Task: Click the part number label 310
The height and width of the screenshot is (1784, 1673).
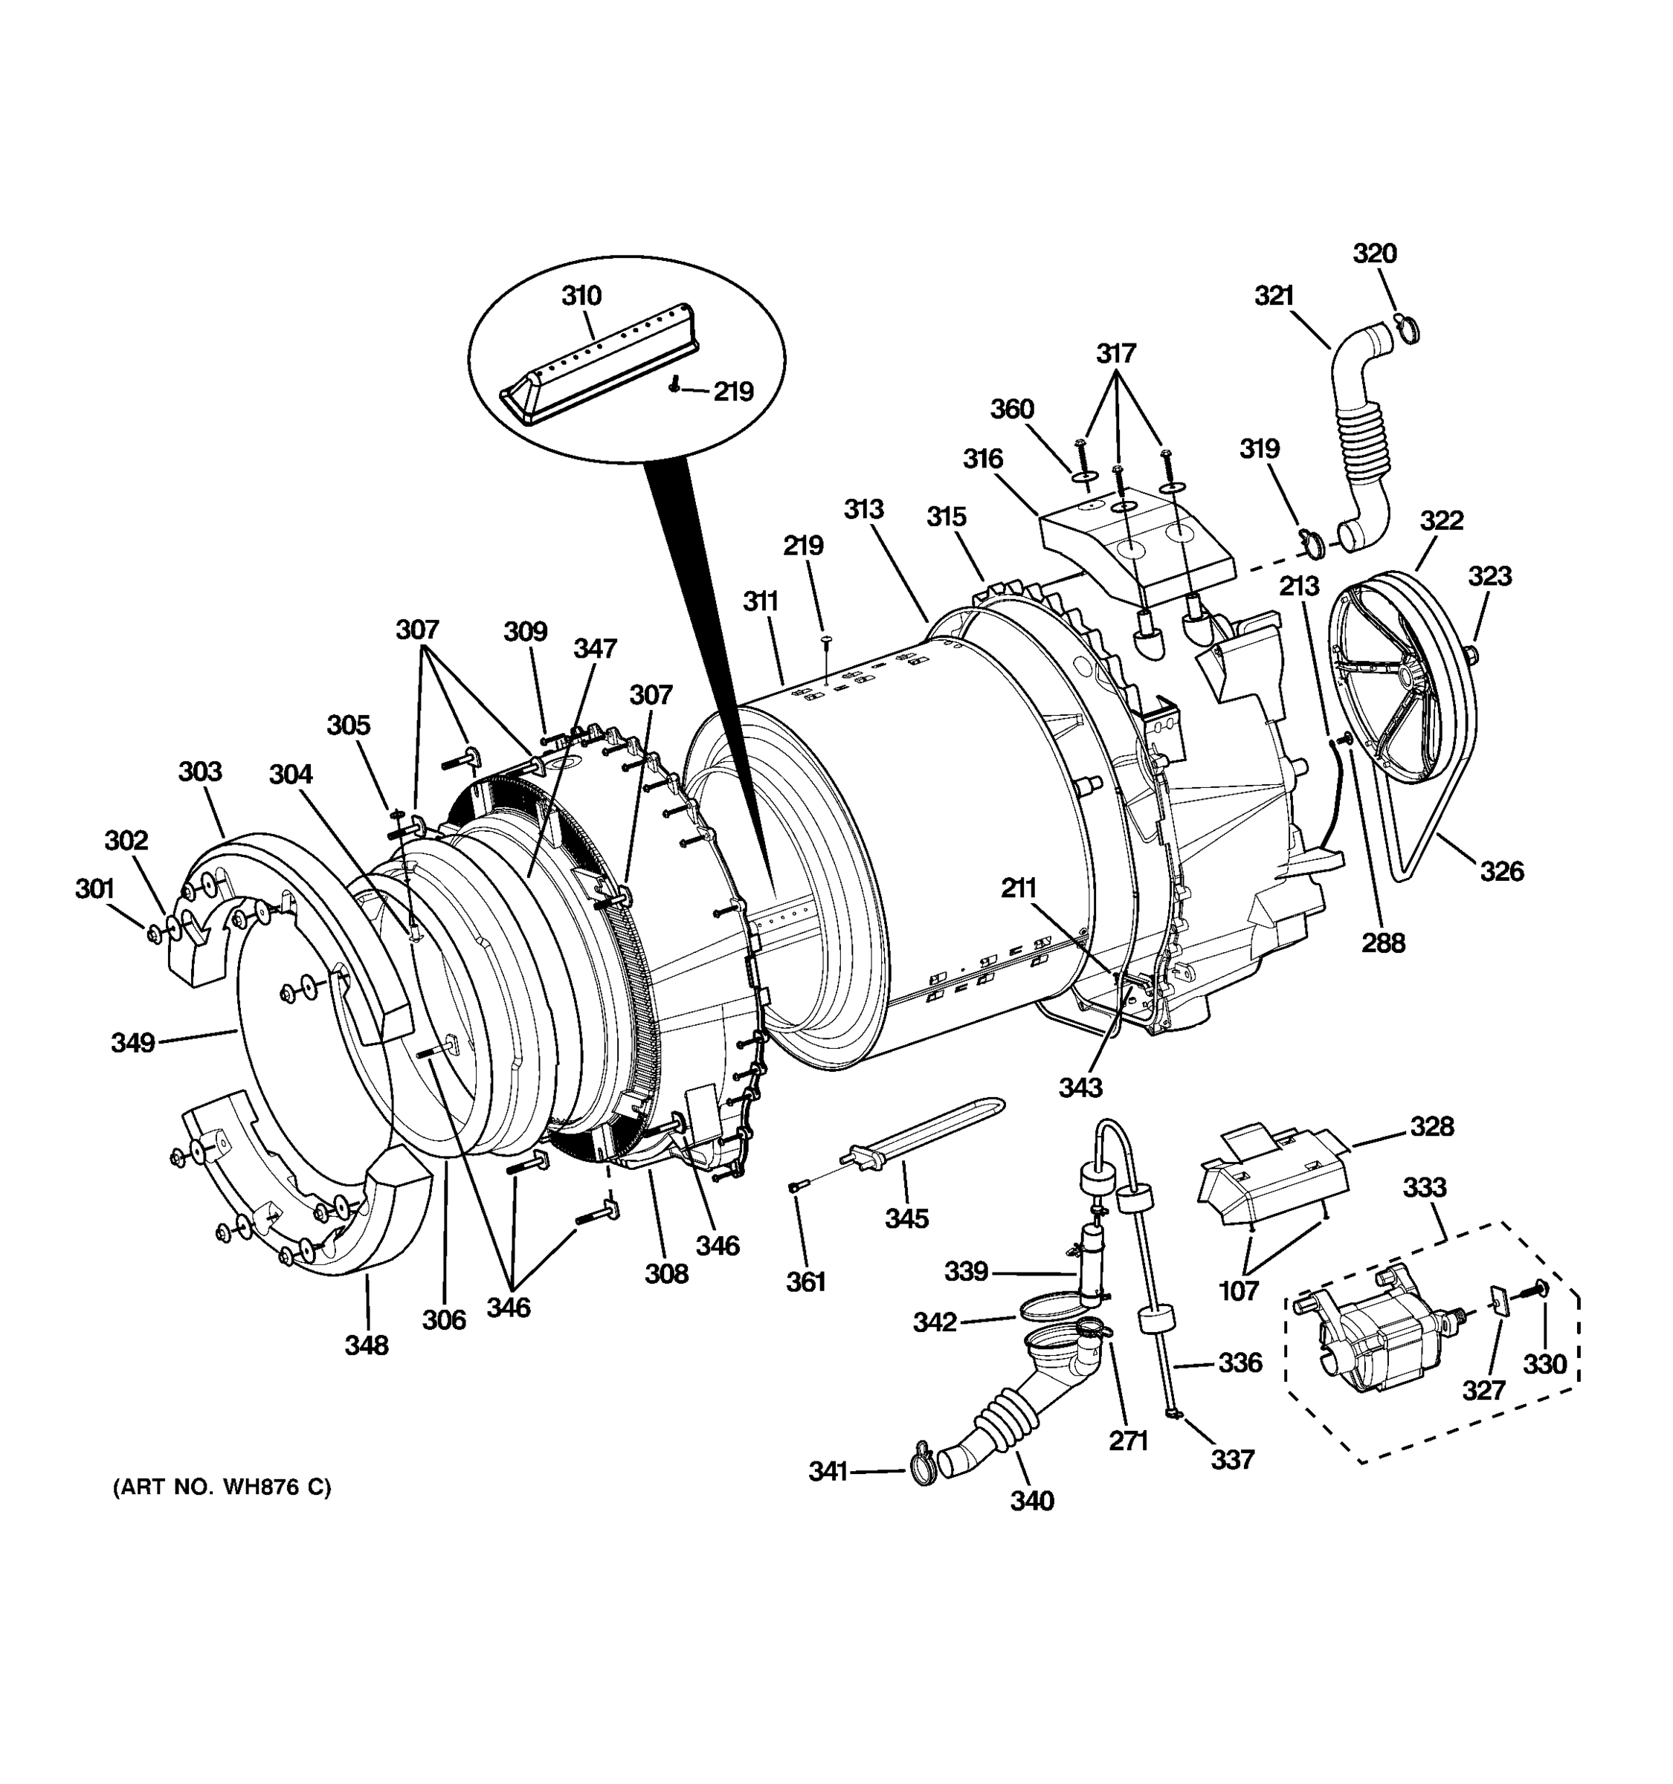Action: tap(581, 295)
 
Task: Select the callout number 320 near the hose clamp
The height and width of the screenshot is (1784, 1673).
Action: tap(1374, 254)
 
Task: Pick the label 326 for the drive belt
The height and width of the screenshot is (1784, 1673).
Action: tap(1501, 870)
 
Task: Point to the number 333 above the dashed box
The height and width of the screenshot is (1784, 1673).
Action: tap(1425, 1188)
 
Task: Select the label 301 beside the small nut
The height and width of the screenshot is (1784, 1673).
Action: tap(94, 889)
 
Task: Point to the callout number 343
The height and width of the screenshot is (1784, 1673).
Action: tap(1080, 1087)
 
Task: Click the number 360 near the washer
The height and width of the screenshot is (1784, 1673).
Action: tap(1011, 410)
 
